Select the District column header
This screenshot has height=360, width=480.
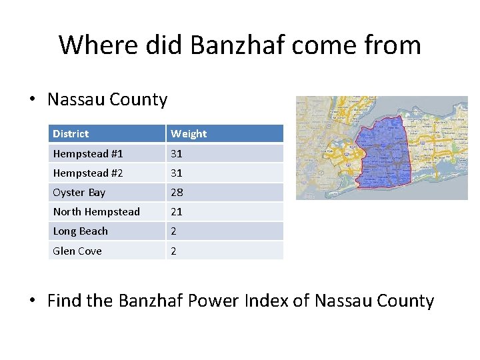(x=71, y=134)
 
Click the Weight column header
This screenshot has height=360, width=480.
(x=189, y=134)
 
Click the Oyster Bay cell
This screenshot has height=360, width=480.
(x=79, y=193)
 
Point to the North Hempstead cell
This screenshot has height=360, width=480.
(x=97, y=212)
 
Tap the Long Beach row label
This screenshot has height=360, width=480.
(x=81, y=231)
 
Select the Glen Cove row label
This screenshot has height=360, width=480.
(x=77, y=251)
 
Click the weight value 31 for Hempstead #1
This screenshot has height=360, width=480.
(x=177, y=154)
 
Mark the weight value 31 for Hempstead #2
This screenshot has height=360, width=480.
(x=177, y=173)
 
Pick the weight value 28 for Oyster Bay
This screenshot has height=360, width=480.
(x=177, y=193)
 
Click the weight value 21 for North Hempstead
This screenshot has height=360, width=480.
(x=177, y=212)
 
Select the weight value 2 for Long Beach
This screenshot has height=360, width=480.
(x=174, y=231)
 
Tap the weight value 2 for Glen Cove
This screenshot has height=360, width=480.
(x=174, y=251)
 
